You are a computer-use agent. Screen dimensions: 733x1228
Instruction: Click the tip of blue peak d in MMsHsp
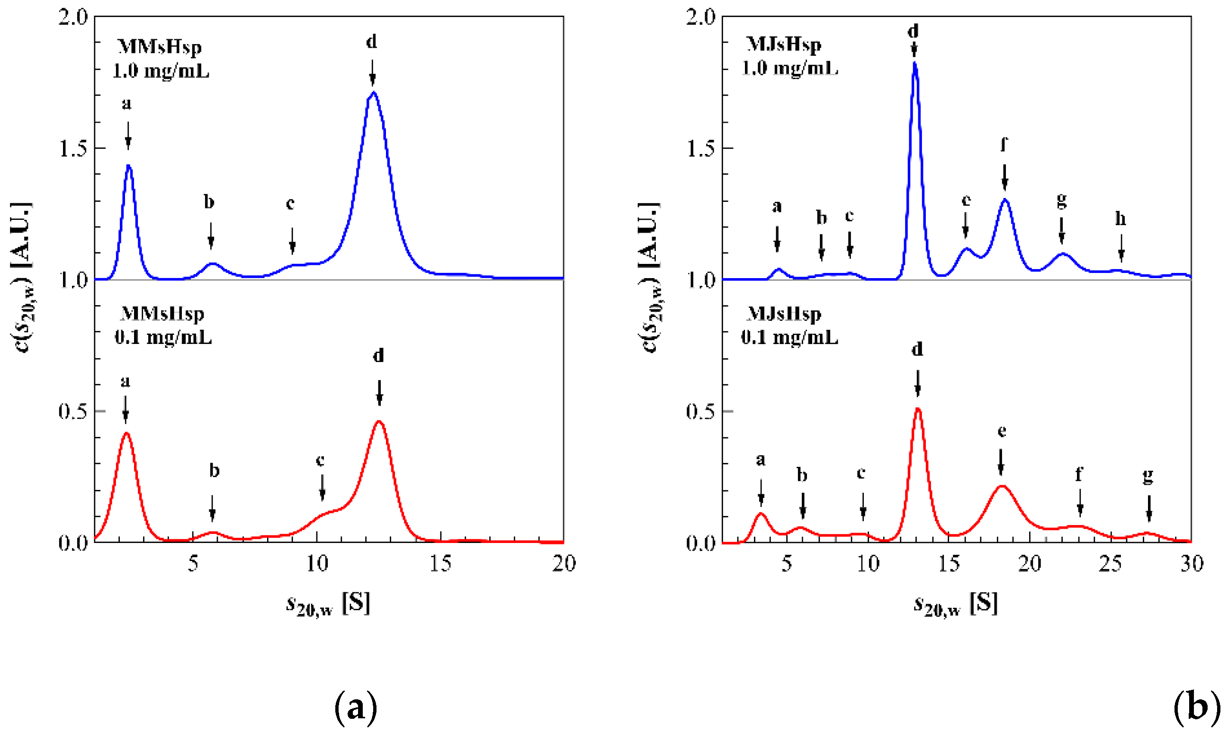tap(373, 92)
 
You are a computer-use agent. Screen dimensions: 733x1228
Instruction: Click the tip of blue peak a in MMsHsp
tap(129, 165)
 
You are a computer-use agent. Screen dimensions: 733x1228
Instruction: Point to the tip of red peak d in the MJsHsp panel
tap(917, 408)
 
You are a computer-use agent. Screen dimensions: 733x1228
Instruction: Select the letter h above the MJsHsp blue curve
tap(1120, 218)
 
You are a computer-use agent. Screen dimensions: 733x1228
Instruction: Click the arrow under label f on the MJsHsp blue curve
tap(1004, 177)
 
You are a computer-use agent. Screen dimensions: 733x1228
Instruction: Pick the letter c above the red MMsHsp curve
tap(320, 461)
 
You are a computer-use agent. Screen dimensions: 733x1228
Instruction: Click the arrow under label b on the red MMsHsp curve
tap(212, 508)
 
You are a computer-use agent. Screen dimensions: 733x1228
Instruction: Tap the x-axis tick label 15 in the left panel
tap(440, 563)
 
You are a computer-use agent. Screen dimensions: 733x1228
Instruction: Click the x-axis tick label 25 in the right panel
tap(1110, 563)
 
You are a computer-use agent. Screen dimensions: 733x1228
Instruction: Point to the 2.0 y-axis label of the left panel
tap(72, 18)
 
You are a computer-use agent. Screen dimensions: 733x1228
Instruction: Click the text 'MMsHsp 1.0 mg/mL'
tap(161, 59)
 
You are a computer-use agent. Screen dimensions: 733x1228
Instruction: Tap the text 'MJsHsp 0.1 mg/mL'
tap(789, 326)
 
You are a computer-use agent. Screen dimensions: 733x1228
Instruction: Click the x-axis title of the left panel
tap(328, 605)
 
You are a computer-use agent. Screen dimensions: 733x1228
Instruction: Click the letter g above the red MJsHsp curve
tap(1148, 475)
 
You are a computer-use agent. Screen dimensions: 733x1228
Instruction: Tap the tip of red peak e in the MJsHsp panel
tap(1002, 486)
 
